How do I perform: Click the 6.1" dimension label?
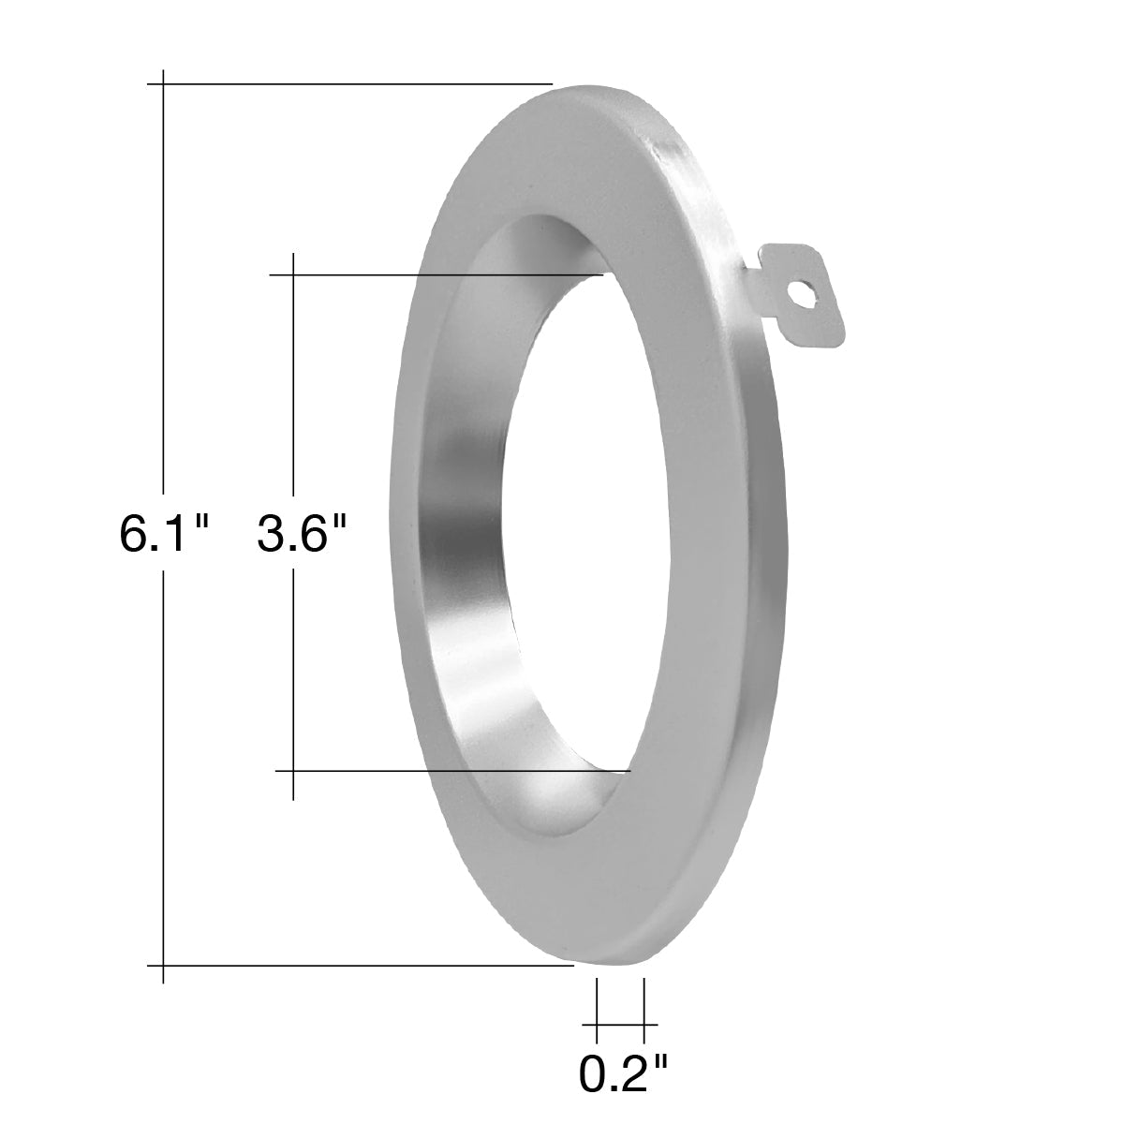pyautogui.click(x=164, y=534)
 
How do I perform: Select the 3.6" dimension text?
pyautogui.click(x=303, y=534)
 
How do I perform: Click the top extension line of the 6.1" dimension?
pyautogui.click(x=350, y=84)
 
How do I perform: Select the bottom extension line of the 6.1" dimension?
pyautogui.click(x=361, y=966)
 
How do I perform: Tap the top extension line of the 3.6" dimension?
pyautogui.click(x=436, y=274)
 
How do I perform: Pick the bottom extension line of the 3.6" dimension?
pyautogui.click(x=453, y=771)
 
